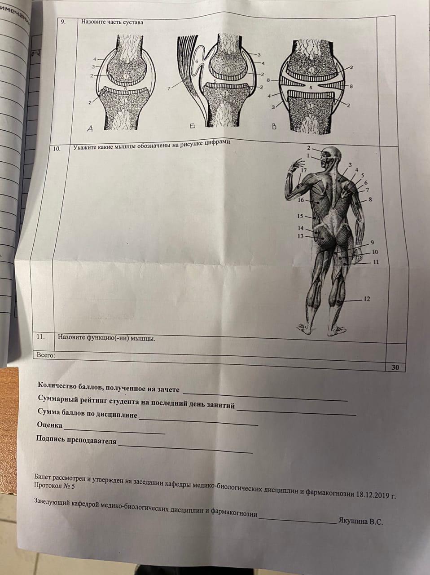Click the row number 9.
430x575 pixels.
[63, 22]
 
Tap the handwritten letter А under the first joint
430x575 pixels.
[90, 128]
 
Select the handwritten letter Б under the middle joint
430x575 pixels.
[193, 126]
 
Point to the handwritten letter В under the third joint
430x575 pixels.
[274, 127]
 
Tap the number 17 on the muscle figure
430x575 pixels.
[303, 170]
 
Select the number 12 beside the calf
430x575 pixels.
[367, 299]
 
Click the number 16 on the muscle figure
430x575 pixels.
[301, 200]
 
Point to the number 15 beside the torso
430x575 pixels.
[300, 217]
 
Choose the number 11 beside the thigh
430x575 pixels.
[376, 262]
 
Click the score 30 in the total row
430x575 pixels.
[395, 368]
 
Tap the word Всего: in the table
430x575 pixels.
[46, 355]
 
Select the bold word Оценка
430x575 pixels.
[50, 425]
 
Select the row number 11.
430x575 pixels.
[40, 337]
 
